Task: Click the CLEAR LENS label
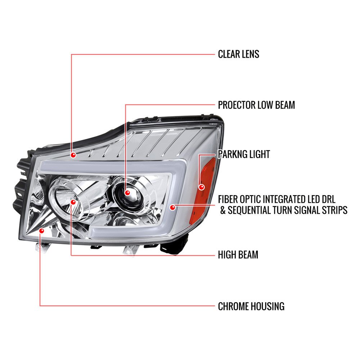coord(239,54)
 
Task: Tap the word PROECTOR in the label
coord(237,105)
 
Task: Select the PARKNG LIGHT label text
coord(244,154)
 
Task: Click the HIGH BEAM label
coord(238,255)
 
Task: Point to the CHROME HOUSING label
coord(251,306)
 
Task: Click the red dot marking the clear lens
coord(73,155)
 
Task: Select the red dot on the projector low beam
coord(127,193)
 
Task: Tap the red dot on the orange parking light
coord(201,187)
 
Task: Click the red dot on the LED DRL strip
coord(173,208)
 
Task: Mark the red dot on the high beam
coord(73,202)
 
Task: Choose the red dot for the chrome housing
coord(41,230)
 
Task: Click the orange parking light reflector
coord(206,190)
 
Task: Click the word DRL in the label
coord(328,199)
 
